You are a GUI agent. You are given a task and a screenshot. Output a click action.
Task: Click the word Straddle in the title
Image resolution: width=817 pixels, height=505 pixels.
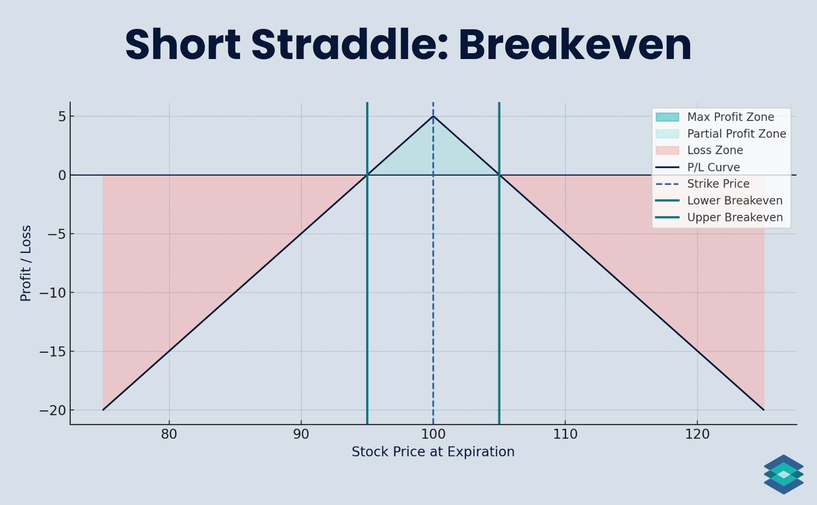(349, 45)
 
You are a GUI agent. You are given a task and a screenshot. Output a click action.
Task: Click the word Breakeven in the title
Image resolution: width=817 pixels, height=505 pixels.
(574, 45)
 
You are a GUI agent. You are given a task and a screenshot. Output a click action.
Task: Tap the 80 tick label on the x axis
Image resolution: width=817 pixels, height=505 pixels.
(169, 434)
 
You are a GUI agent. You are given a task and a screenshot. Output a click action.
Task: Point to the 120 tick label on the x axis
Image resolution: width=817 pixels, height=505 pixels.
(697, 434)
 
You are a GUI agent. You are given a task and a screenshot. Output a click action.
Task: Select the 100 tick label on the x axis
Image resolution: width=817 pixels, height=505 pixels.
(433, 434)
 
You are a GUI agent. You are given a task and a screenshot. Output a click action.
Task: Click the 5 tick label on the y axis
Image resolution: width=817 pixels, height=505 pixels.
(62, 117)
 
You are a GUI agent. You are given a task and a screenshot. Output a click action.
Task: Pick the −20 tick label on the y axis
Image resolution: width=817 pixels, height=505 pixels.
(53, 410)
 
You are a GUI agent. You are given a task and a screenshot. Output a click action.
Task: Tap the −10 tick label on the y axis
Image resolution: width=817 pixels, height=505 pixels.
(53, 293)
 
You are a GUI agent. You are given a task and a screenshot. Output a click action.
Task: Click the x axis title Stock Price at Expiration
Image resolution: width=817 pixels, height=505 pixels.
(433, 452)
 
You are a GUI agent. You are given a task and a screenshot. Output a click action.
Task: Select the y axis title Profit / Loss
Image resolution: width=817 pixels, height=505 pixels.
(26, 263)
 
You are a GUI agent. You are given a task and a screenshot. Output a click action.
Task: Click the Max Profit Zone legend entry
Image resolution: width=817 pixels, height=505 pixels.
(730, 117)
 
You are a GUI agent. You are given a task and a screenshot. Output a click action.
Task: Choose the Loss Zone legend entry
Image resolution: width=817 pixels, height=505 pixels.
(715, 150)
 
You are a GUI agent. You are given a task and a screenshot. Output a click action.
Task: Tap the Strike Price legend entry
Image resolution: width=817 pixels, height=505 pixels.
(718, 184)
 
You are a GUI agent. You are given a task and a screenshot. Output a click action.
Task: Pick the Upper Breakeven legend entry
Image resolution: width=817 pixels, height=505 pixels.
(735, 218)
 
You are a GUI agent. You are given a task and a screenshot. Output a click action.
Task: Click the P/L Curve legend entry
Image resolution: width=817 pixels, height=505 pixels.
(713, 167)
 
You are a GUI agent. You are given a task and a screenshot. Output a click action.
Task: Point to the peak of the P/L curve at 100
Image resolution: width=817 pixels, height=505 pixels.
(433, 116)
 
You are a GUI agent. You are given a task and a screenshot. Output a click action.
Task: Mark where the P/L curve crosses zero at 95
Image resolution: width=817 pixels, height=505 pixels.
(367, 175)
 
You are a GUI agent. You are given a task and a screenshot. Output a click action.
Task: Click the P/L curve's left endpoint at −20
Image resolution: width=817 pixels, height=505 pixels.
(103, 410)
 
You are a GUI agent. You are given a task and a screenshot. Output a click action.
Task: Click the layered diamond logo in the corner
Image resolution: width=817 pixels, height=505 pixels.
(783, 474)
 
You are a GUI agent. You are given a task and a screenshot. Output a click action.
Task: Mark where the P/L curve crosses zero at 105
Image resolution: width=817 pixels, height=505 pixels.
(499, 175)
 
